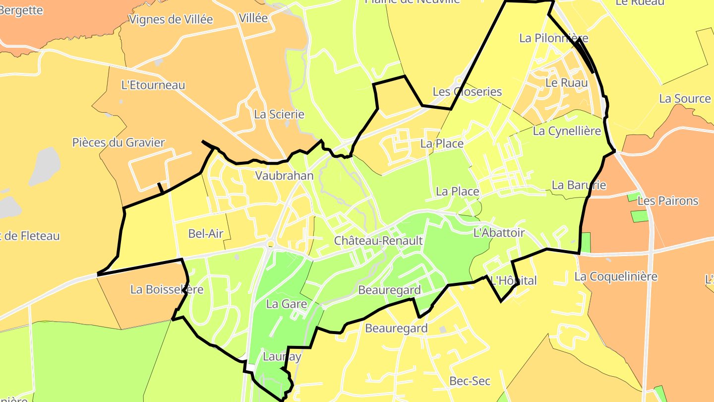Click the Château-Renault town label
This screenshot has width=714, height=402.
378,241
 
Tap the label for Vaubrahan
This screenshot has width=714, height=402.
284,176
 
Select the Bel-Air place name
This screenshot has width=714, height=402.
206,233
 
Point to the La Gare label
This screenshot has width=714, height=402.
287,304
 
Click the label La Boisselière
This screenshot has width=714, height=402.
167,289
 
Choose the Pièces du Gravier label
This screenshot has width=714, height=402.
119,142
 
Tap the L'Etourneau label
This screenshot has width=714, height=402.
153,85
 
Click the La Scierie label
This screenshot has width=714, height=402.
279,114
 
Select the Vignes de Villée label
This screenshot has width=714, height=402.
171,19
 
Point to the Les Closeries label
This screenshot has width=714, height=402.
467,92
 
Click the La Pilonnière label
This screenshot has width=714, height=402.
554,38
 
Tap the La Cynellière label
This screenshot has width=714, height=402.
567,131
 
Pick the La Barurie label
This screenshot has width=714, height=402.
579,185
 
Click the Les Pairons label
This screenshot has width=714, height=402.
667,201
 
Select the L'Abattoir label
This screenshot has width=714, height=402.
499,232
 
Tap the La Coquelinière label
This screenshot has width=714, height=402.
616,276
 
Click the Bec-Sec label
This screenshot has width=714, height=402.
470,381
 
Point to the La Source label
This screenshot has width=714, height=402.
685,98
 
